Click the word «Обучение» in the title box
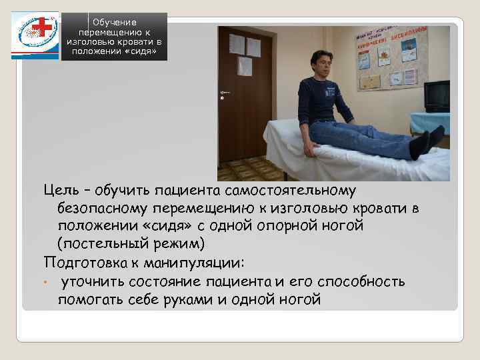(114, 23)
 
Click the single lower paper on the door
(245, 66)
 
